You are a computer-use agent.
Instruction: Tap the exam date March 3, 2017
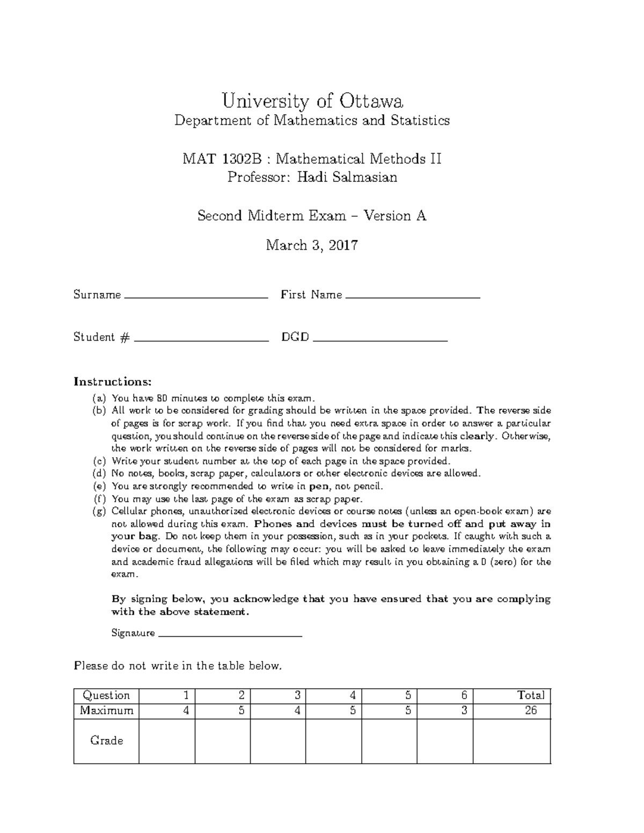[312, 246]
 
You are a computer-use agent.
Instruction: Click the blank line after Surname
[195, 296]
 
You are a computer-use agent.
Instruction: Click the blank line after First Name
[413, 296]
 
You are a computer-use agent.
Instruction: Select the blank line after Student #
[201, 338]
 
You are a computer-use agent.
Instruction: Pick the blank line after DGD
[380, 338]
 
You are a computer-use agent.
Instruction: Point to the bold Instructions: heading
[113, 382]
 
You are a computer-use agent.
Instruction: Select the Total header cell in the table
[530, 696]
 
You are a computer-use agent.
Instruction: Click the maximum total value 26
[530, 711]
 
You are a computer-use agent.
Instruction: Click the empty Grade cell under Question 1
[167, 741]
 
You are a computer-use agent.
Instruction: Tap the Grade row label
[106, 741]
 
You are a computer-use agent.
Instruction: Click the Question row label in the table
[106, 696]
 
